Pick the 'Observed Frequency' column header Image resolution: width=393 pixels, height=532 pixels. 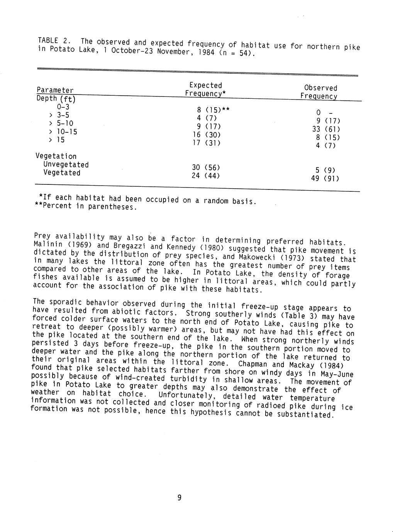pos(320,92)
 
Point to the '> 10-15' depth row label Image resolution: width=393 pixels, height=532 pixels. pos(63,132)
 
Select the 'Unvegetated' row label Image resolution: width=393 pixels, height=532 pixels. pos(66,165)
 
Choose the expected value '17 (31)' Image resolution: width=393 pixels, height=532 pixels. pos(206,143)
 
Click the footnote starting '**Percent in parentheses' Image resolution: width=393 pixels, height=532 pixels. pos(86,206)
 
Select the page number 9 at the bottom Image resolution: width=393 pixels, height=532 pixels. pos(179,498)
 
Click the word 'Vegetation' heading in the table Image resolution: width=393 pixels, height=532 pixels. pos(56,156)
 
